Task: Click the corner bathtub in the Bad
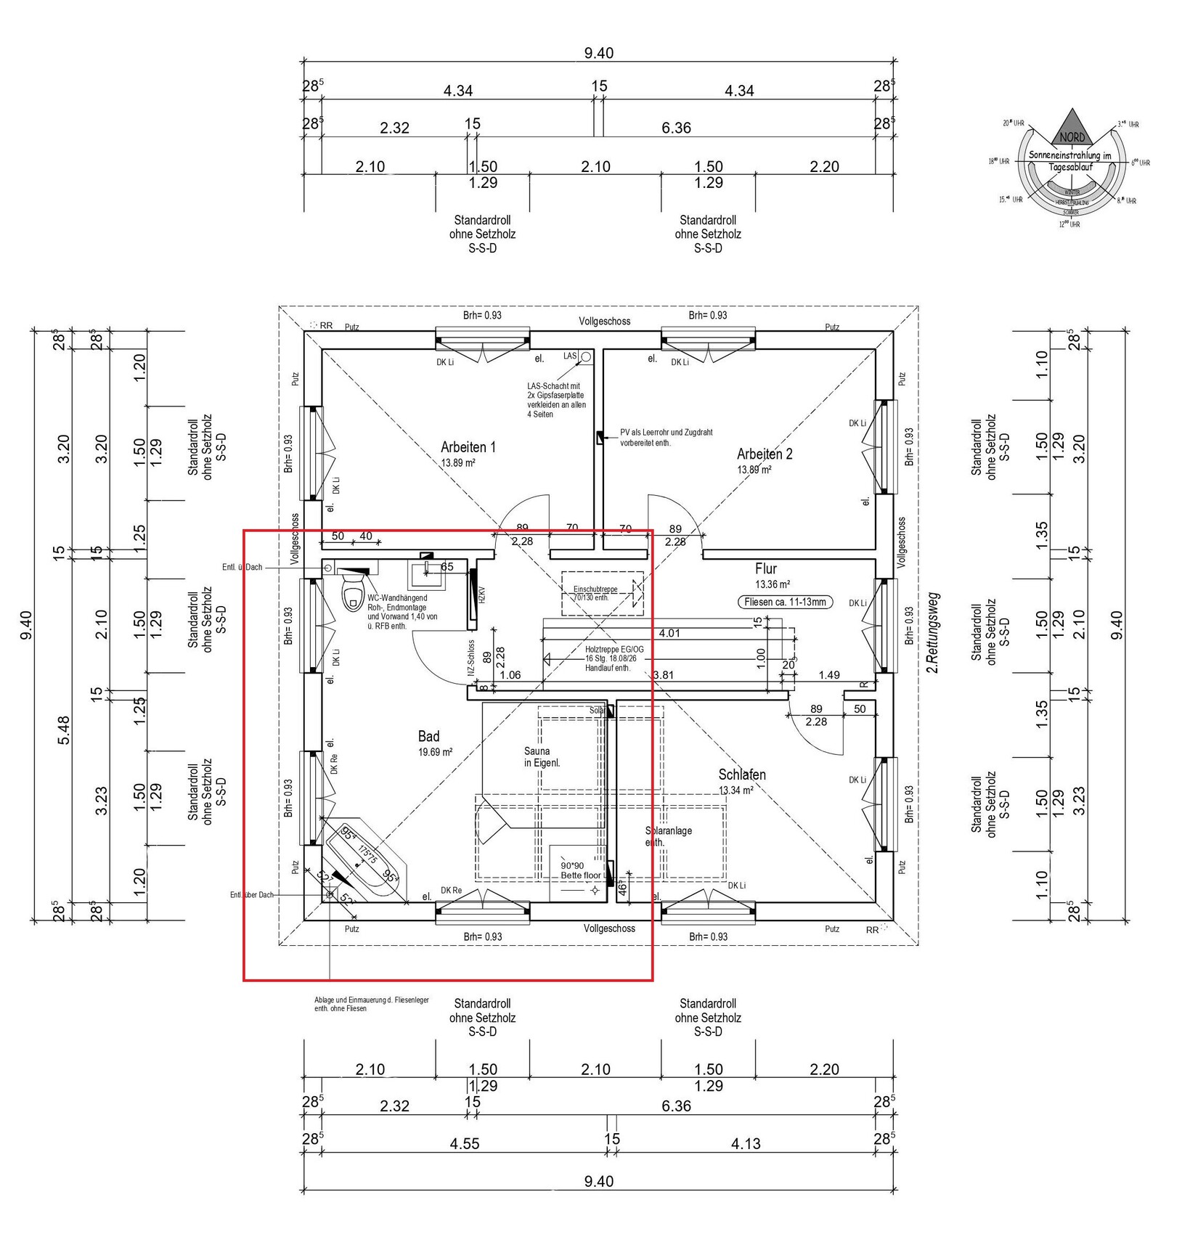coord(367,860)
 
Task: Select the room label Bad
coord(428,737)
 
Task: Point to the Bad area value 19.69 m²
coord(435,753)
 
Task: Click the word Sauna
coord(537,751)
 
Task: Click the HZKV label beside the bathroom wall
coord(481,595)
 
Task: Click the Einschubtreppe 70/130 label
coord(592,593)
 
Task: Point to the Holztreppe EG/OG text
coord(614,649)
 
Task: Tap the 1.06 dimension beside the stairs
coord(510,675)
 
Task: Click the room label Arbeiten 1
coord(468,447)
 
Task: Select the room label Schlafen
coord(742,775)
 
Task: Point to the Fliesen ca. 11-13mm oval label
coord(785,602)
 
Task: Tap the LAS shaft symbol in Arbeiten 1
coord(585,356)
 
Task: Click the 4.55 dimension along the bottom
coord(465,1144)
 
